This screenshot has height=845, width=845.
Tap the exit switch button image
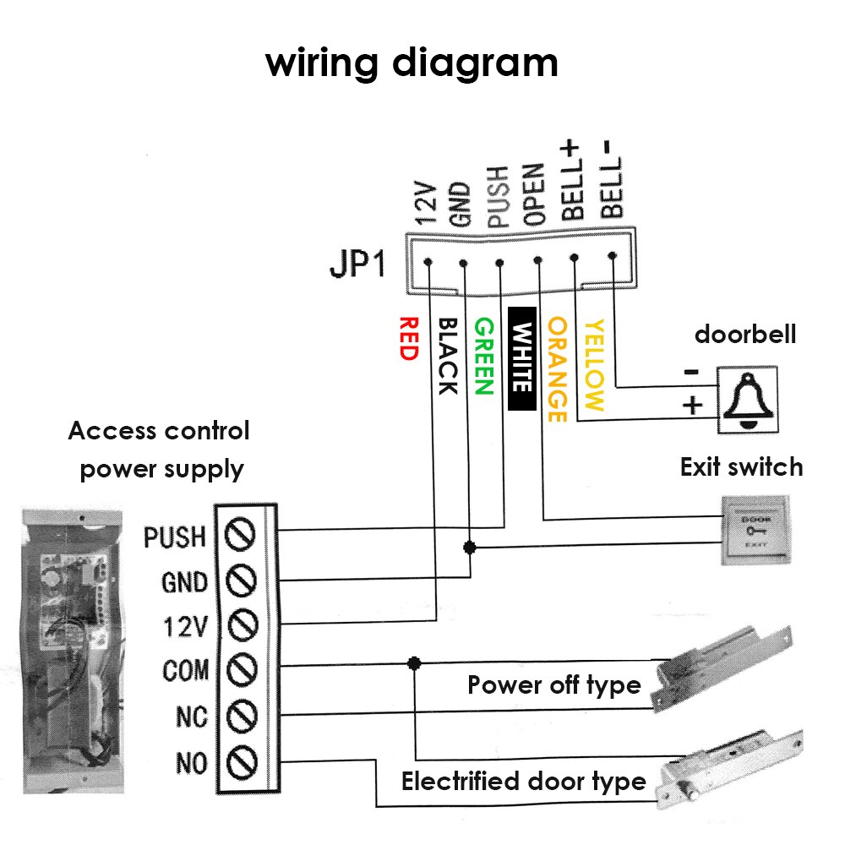(753, 531)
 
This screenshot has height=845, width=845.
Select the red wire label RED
(408, 339)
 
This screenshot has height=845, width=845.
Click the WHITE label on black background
(522, 358)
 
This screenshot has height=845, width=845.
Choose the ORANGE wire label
(557, 369)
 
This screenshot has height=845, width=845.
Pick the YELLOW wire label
(595, 365)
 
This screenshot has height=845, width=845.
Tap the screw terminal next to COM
(243, 670)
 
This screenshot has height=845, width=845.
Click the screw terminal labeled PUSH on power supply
(243, 535)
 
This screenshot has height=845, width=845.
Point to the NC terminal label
(191, 717)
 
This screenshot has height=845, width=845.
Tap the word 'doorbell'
(744, 335)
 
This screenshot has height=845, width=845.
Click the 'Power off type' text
(553, 684)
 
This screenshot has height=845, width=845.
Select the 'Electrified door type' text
(523, 782)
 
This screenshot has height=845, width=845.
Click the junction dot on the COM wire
(413, 663)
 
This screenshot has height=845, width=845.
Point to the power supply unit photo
(69, 642)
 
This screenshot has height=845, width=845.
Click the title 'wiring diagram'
(412, 63)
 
